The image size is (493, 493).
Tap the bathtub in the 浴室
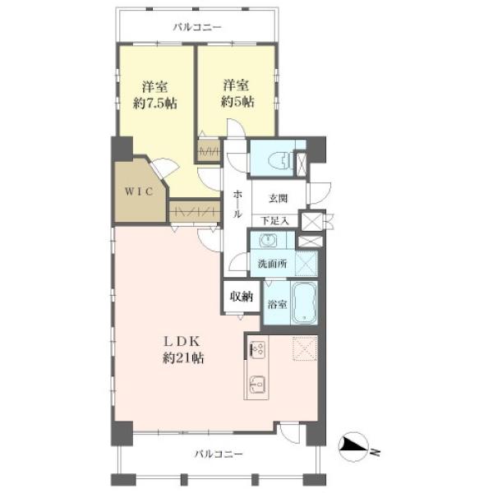[x=304, y=302]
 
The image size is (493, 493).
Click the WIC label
[x=139, y=191]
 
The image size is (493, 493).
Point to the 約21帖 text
[x=182, y=358]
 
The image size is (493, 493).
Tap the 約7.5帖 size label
[x=154, y=104]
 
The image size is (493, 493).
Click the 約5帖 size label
[x=237, y=102]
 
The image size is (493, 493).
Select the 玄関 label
[x=278, y=199]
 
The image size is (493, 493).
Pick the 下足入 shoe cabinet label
[x=274, y=221]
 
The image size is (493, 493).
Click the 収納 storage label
[x=242, y=296]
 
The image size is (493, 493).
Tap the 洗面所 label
[x=272, y=264]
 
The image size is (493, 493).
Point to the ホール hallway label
[x=237, y=205]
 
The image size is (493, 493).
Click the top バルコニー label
[x=197, y=27]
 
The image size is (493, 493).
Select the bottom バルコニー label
[x=219, y=454]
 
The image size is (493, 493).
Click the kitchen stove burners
[x=257, y=349]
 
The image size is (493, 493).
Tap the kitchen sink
[x=257, y=384]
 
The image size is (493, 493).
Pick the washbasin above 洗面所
[x=268, y=241]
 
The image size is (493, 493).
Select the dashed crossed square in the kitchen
[x=305, y=348]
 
